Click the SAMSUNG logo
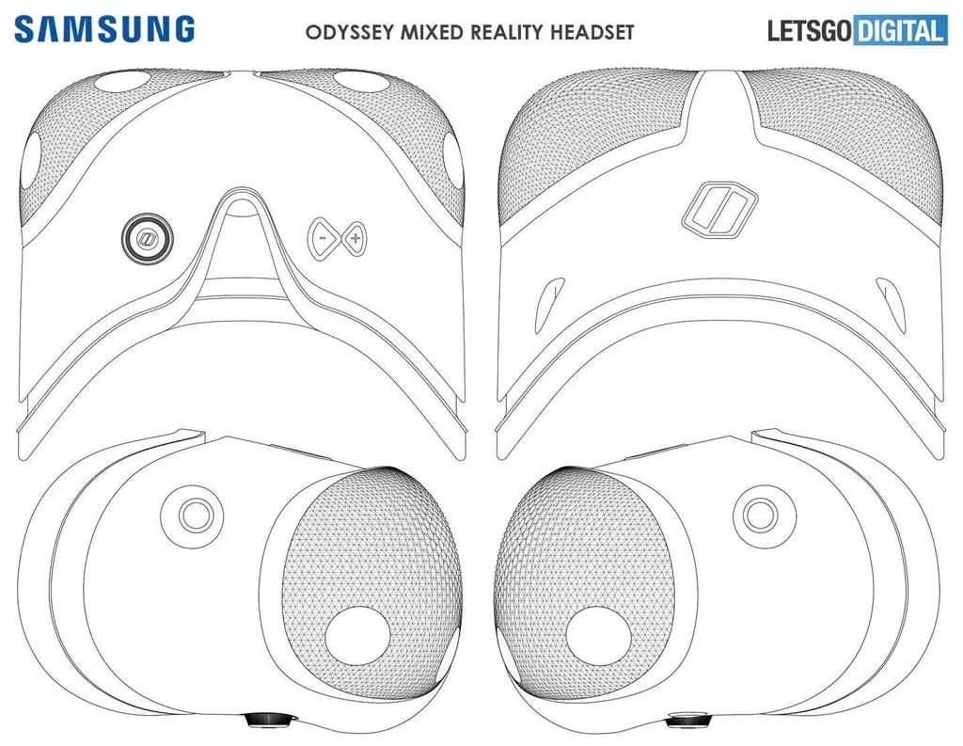pyautogui.click(x=104, y=28)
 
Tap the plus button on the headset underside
pyautogui.click(x=355, y=240)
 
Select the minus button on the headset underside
pyautogui.click(x=323, y=240)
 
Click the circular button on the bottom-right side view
pyautogui.click(x=759, y=514)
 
